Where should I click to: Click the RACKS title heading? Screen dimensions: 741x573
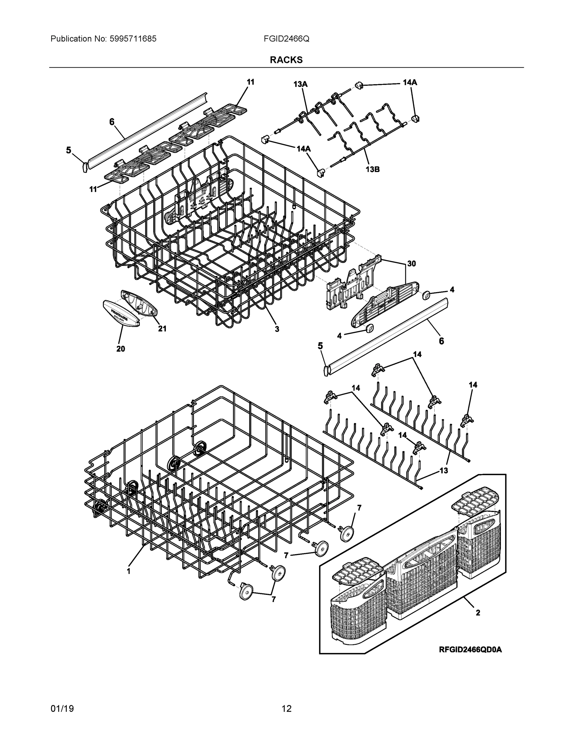(286, 60)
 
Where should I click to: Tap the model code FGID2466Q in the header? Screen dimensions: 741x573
(286, 39)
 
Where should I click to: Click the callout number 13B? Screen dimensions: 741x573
(373, 169)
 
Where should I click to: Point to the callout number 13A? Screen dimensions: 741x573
(301, 84)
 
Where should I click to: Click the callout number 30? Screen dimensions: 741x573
(411, 264)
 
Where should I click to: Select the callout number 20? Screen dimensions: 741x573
(120, 349)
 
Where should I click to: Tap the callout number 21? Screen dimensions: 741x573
(162, 329)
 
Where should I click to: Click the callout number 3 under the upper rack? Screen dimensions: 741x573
(277, 329)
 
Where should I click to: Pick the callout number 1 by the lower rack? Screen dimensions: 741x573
(129, 571)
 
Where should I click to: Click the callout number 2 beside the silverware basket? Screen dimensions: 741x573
(478, 613)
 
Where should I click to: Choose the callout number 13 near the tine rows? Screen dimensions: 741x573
(444, 471)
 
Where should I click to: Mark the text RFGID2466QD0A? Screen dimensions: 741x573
(470, 650)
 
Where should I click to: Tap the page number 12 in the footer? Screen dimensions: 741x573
(287, 709)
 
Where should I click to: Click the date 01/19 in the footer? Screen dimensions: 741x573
(62, 709)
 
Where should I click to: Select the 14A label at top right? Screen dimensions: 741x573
(410, 82)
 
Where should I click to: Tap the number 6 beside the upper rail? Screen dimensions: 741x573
(112, 122)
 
